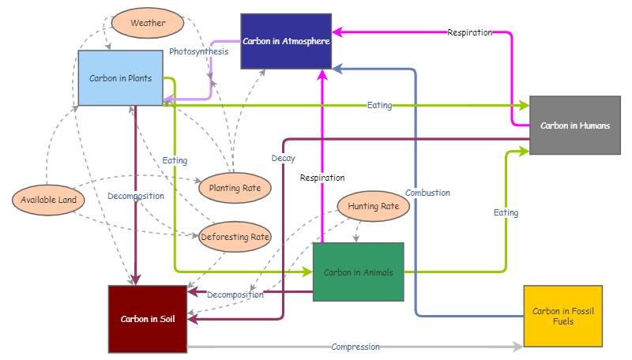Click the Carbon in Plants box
[120, 78]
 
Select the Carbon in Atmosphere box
[286, 41]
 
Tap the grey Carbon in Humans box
[574, 125]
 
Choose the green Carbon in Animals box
[358, 272]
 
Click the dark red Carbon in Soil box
[148, 319]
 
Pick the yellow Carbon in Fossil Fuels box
[562, 316]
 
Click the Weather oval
[148, 23]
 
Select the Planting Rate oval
[235, 188]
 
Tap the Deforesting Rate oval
[235, 236]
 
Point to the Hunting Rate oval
[373, 206]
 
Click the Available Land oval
[48, 200]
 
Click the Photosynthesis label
[198, 51]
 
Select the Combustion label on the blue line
[427, 193]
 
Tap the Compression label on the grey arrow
[355, 347]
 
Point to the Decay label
[283, 159]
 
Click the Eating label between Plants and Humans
[379, 105]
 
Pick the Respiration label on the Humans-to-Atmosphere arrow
[469, 32]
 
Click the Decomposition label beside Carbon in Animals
[235, 294]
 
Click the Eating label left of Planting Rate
[175, 160]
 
